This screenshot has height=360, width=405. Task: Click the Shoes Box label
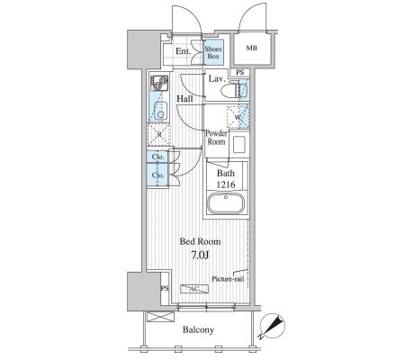(x=213, y=52)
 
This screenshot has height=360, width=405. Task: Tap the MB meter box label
(x=252, y=48)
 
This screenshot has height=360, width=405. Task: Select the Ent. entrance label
(x=183, y=51)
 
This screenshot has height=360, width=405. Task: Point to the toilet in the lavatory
(x=230, y=89)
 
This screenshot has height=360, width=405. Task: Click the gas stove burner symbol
(x=159, y=83)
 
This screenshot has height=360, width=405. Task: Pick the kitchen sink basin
(x=160, y=112)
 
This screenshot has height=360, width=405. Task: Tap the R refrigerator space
(x=159, y=135)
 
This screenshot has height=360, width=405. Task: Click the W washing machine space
(x=238, y=117)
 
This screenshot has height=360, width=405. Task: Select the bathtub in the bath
(x=226, y=202)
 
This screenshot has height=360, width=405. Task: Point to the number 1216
(x=226, y=184)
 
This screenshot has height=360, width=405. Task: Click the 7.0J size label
(x=200, y=255)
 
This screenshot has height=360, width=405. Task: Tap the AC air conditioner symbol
(x=194, y=289)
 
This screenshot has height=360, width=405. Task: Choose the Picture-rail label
(x=228, y=279)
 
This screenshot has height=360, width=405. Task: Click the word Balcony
(x=198, y=330)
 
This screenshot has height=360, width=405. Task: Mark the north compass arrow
(x=272, y=327)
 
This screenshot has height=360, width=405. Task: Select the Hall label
(x=184, y=99)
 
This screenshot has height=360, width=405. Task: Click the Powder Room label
(x=216, y=138)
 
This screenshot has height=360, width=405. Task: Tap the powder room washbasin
(x=239, y=144)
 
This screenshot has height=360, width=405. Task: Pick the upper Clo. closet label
(x=157, y=157)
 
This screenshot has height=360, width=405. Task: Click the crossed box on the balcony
(x=161, y=317)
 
